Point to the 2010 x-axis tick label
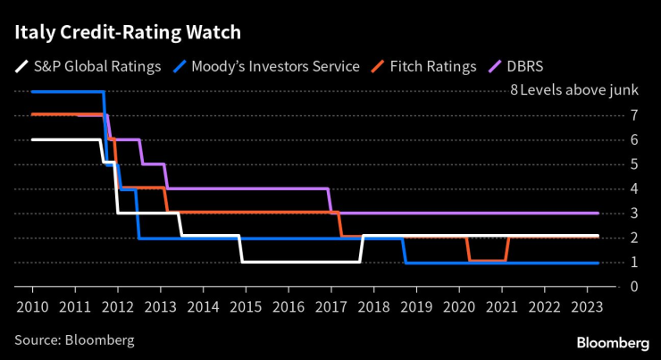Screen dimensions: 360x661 coord(32,306)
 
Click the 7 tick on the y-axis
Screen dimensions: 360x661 coord(609,115)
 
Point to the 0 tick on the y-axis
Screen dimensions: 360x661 coord(609,287)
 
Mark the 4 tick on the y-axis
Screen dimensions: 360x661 coord(609,188)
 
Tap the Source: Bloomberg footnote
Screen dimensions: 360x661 coord(74,340)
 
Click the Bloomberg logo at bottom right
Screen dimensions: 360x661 coord(613,342)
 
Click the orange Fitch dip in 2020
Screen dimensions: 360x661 coord(488,260)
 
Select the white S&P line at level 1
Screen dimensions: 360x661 coord(300,262)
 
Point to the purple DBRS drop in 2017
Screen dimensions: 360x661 coord(330,201)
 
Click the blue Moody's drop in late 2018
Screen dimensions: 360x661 coord(405,250)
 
